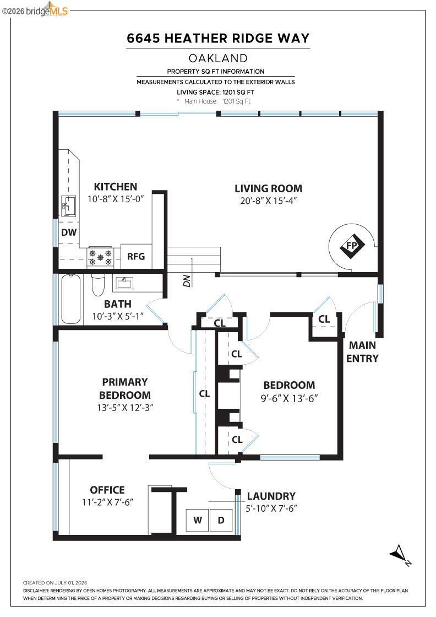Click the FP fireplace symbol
pyautogui.click(x=352, y=246)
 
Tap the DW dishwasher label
pyautogui.click(x=69, y=232)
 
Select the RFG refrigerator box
pyautogui.click(x=137, y=256)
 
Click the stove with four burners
pyautogui.click(x=100, y=257)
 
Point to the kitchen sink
pyautogui.click(x=69, y=205)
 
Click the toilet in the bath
pyautogui.click(x=98, y=284)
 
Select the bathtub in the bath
pyautogui.click(x=71, y=299)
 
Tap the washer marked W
pyautogui.click(x=198, y=520)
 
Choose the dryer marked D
pyautogui.click(x=221, y=520)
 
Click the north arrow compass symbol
pyautogui.click(x=400, y=554)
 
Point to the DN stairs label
pyautogui.click(x=187, y=280)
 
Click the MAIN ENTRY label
pyautogui.click(x=362, y=351)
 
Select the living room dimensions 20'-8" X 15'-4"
pyautogui.click(x=268, y=201)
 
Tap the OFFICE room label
pyautogui.click(x=107, y=490)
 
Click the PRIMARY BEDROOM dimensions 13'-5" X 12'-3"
pyautogui.click(x=125, y=407)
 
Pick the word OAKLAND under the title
pyautogui.click(x=218, y=58)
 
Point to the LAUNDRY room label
pyautogui.click(x=271, y=496)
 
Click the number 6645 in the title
pyautogui.click(x=143, y=38)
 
